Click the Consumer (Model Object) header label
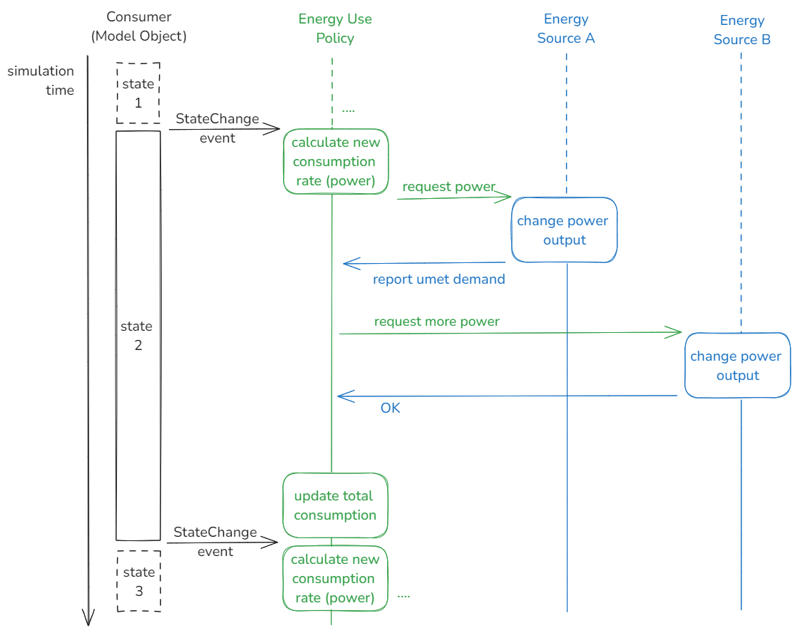coord(138,26)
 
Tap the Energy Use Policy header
coord(335,29)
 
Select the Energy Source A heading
coord(566,29)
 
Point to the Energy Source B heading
coord(741,30)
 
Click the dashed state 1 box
coord(138,93)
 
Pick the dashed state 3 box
coord(138,581)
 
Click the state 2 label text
coord(136,336)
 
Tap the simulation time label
coord(41,81)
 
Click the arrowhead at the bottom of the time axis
coord(88,617)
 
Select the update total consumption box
coord(335,505)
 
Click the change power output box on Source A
coord(564,230)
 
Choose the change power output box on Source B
coord(736,366)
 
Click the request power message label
coord(448,187)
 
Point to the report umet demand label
coord(438,279)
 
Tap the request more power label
coord(436,321)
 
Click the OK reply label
coord(390,408)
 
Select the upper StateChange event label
coord(217,128)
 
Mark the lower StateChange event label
coord(215,542)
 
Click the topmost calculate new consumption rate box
coord(336,162)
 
